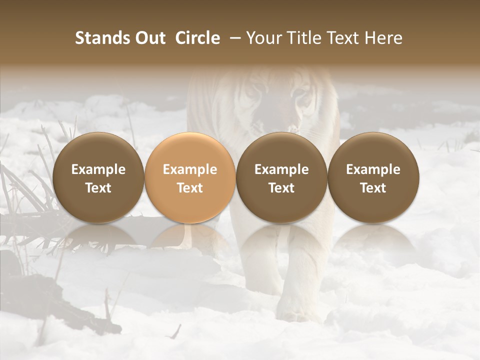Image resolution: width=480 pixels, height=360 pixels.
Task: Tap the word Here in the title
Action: tap(383, 38)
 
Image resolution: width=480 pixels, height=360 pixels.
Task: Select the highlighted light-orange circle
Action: tap(190, 178)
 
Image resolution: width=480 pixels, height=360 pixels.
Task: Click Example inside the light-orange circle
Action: tap(190, 169)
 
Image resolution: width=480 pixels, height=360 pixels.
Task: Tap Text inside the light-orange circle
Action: tap(190, 187)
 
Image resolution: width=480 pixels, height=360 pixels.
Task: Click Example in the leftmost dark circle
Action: tap(98, 169)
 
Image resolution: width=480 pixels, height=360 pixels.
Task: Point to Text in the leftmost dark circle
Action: tap(98, 187)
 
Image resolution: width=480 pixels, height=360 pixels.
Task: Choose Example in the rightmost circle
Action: tap(373, 169)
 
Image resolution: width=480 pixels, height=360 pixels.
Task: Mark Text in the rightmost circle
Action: tap(373, 187)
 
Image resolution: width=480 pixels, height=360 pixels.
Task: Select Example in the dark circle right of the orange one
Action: tap(281, 169)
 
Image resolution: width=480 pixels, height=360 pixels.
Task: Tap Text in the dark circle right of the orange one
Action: tap(281, 187)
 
